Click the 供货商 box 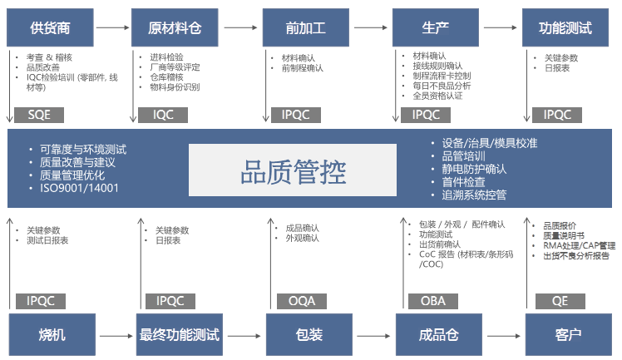(x=49, y=27)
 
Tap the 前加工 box (x=304, y=27)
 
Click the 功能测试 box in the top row (x=565, y=27)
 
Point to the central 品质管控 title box (x=293, y=171)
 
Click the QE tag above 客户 (x=560, y=301)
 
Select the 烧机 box (x=51, y=335)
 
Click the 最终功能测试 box (x=179, y=335)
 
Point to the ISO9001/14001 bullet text (x=80, y=188)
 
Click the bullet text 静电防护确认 (x=473, y=169)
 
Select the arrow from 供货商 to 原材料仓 (x=111, y=27)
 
